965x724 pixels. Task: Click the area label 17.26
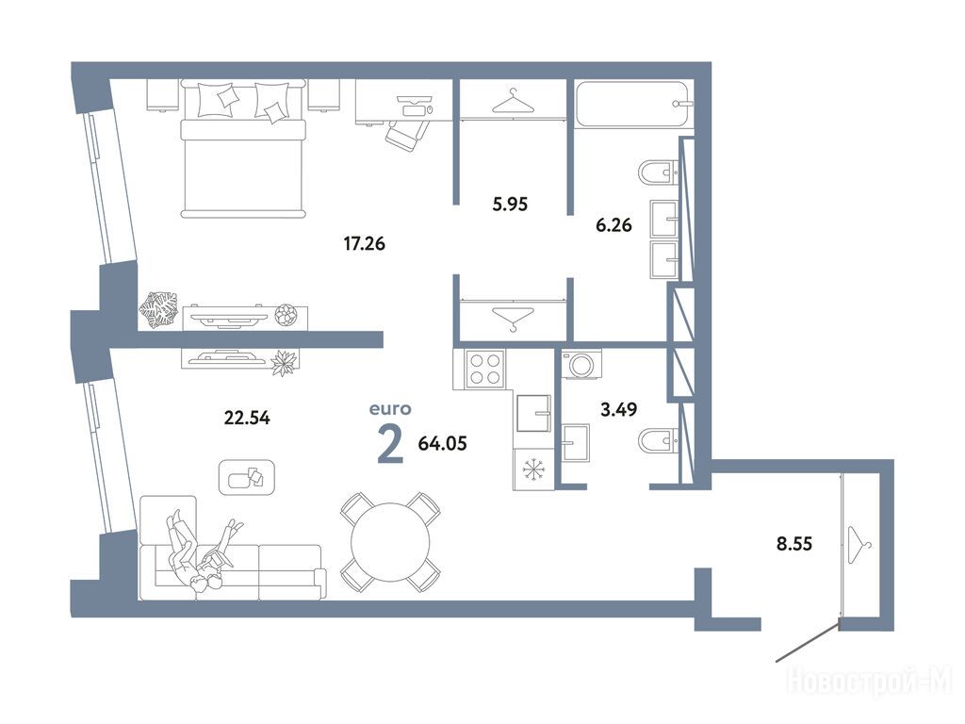click(x=365, y=244)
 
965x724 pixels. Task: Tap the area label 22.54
click(x=247, y=418)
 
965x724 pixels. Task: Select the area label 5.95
click(x=510, y=204)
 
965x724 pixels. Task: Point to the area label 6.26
click(x=613, y=225)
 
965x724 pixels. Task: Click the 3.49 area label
click(x=618, y=409)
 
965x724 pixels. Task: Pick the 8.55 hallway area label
click(x=793, y=544)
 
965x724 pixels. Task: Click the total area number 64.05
click(x=443, y=443)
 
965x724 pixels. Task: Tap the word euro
click(x=390, y=409)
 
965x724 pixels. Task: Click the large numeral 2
click(x=390, y=445)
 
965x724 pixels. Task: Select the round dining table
click(x=390, y=542)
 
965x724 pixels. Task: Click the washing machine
click(x=581, y=364)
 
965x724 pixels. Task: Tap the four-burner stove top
click(x=485, y=368)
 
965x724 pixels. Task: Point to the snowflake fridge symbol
click(x=533, y=470)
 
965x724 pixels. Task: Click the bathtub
click(x=634, y=104)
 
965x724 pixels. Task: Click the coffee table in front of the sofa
click(x=247, y=477)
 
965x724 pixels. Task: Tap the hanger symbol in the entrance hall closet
click(x=859, y=546)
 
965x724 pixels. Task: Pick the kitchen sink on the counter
click(x=533, y=413)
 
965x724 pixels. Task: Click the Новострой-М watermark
click(x=870, y=682)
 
